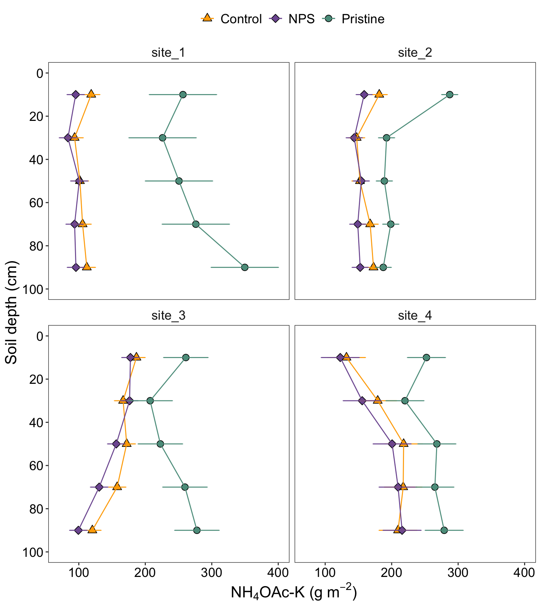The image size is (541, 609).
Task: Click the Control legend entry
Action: (231, 19)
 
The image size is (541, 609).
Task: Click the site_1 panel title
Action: (168, 53)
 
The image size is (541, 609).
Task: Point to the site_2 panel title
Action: (415, 53)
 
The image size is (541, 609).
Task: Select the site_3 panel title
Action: (168, 316)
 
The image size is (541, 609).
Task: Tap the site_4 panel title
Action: (415, 316)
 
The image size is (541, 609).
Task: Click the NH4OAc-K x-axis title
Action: (294, 593)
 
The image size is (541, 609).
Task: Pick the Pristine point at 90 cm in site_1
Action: (245, 267)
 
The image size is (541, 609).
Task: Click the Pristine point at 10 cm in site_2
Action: (450, 94)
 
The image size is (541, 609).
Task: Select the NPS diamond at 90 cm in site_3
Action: (79, 530)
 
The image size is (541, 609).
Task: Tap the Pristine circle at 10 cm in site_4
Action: (427, 357)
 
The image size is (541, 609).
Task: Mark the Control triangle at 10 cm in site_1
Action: (91, 94)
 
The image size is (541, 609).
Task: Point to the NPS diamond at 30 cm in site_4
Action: (362, 401)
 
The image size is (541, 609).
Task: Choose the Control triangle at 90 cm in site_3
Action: (92, 530)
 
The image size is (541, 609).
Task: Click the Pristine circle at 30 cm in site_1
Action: (162, 138)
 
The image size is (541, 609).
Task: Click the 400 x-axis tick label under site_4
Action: (524, 573)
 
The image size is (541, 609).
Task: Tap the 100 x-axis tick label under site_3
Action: (79, 573)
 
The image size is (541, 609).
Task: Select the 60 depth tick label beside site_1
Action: (35, 203)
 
